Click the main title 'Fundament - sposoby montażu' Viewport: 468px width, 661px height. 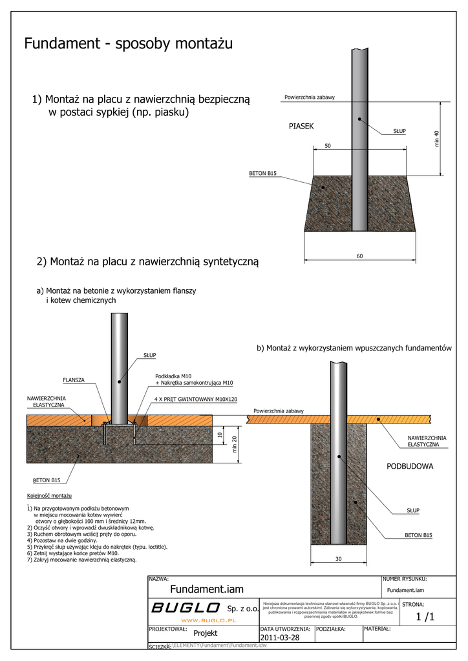coord(128,44)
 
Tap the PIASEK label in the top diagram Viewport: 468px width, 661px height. coord(301,127)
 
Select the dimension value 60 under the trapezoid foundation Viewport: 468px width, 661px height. coord(360,256)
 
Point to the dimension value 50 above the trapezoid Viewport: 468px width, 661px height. coord(328,147)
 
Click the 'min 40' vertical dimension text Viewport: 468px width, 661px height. coord(437,137)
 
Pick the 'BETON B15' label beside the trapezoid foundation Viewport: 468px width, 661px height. coord(262,174)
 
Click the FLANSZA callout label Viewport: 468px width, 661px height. coord(74,380)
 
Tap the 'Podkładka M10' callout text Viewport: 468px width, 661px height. coord(173,376)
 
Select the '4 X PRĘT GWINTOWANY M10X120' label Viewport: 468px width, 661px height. coord(196,400)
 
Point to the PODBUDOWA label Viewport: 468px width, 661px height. coord(410,466)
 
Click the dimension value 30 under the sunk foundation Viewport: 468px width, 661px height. coord(338,559)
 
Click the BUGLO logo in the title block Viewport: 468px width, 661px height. coord(186,607)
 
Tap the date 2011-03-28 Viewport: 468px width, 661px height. coord(280,638)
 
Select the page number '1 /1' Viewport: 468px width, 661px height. coord(425,617)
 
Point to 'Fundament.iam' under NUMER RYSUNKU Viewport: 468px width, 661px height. coord(405,590)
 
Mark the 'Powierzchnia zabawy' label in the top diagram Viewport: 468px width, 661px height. coord(310,97)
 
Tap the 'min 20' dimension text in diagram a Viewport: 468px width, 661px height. coord(235,444)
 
